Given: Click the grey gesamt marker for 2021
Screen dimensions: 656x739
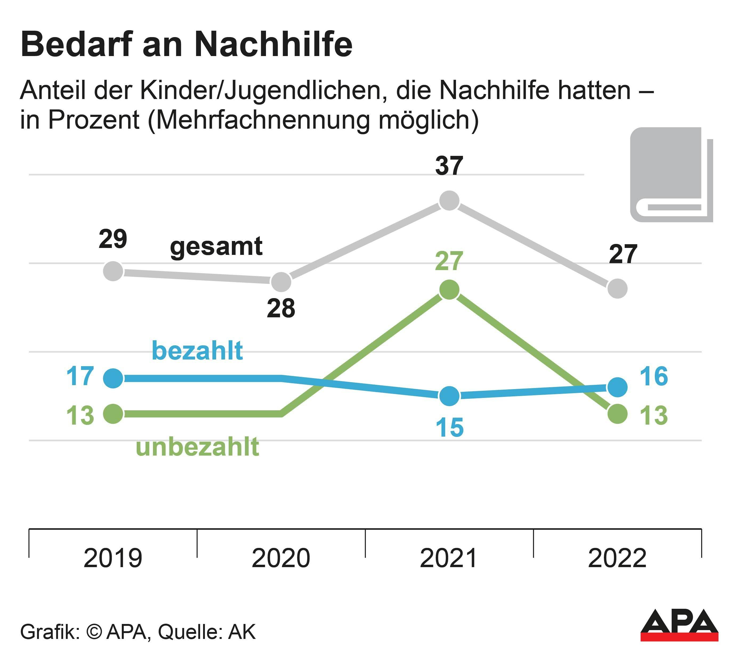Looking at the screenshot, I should (449, 201).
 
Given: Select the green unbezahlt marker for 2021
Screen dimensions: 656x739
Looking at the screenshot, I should (449, 290).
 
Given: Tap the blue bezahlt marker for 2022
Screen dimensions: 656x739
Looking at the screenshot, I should (617, 387).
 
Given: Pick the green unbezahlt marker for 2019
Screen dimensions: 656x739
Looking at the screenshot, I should (113, 414).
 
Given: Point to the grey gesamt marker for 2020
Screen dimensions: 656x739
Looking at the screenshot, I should (281, 282).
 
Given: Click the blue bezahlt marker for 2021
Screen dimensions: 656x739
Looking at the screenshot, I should (449, 396).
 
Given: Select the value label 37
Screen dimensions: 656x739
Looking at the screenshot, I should (449, 166).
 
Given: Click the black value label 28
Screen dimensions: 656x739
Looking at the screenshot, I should (281, 309).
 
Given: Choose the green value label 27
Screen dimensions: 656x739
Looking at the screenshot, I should (449, 261).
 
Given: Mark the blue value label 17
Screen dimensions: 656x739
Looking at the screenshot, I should (80, 377).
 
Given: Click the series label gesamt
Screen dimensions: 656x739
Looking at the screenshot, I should (216, 247).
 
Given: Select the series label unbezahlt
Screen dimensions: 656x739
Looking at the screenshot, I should (197, 447).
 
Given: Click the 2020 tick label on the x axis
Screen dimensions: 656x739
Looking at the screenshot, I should (281, 558).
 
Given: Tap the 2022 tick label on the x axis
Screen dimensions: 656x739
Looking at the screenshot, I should (617, 558).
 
